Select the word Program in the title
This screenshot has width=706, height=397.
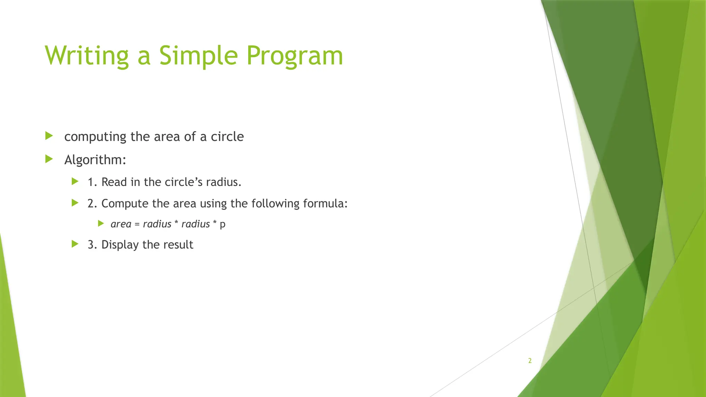coord(295,56)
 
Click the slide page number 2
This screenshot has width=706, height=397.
coord(530,361)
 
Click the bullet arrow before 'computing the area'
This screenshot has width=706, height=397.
coord(49,136)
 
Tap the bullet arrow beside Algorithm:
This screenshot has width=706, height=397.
coord(49,159)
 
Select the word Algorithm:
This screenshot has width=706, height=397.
coord(95,160)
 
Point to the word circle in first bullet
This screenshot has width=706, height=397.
coord(227,137)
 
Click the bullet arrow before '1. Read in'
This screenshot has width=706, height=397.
coord(75,182)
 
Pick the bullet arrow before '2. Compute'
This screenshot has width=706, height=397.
coord(75,203)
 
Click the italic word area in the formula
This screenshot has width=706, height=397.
coord(121,224)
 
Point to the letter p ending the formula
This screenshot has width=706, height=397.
coord(223,225)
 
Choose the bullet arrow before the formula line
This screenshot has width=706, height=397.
coord(101,223)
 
